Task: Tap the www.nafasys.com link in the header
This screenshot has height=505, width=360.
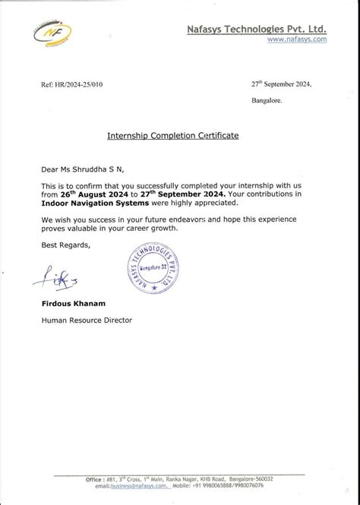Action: click(x=297, y=39)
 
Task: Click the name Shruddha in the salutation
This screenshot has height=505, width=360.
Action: click(x=93, y=169)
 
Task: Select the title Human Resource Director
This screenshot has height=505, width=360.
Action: click(x=87, y=320)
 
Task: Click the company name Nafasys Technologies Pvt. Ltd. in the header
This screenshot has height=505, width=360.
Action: click(x=257, y=28)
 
